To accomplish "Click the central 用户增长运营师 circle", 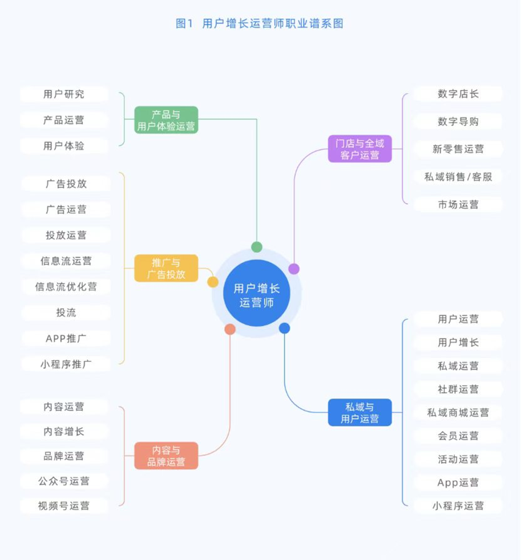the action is point(257,293).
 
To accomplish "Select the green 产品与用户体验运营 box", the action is point(166,120).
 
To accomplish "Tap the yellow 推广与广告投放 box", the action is point(166,268).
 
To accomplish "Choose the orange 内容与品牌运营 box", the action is point(166,456).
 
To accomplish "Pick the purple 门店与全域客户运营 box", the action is point(360,149).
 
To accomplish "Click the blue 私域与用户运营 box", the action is point(360,412).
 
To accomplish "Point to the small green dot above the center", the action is point(257,247).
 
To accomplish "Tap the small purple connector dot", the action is point(294,269).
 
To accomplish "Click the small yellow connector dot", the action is point(213,282).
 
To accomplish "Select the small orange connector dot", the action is point(230,329).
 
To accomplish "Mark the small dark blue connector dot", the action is point(284,328).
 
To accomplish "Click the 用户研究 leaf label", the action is point(64,94).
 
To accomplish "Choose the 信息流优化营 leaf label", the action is point(66,287).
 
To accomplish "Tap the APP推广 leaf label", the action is point(66,338).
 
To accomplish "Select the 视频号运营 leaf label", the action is point(64,506).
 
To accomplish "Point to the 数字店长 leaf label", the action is point(458,94).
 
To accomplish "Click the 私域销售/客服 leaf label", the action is point(458,177).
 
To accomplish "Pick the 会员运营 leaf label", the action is point(458,436).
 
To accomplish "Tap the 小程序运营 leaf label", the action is point(458,506).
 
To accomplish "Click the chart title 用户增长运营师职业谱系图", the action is point(273,23).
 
